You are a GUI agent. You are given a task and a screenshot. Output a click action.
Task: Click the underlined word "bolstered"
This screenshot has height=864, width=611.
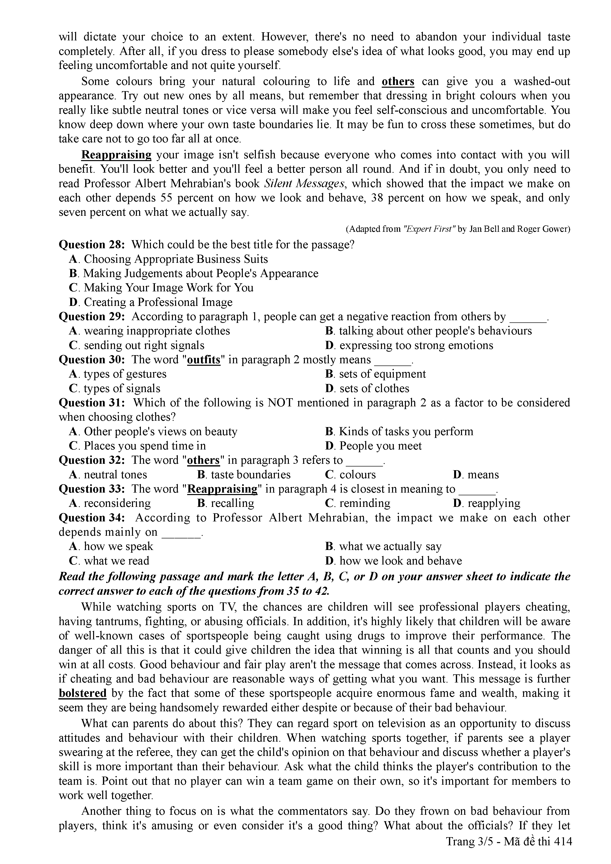pyautogui.click(x=83, y=693)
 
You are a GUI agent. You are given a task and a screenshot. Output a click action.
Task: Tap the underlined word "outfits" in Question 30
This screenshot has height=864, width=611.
pyautogui.click(x=203, y=360)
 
